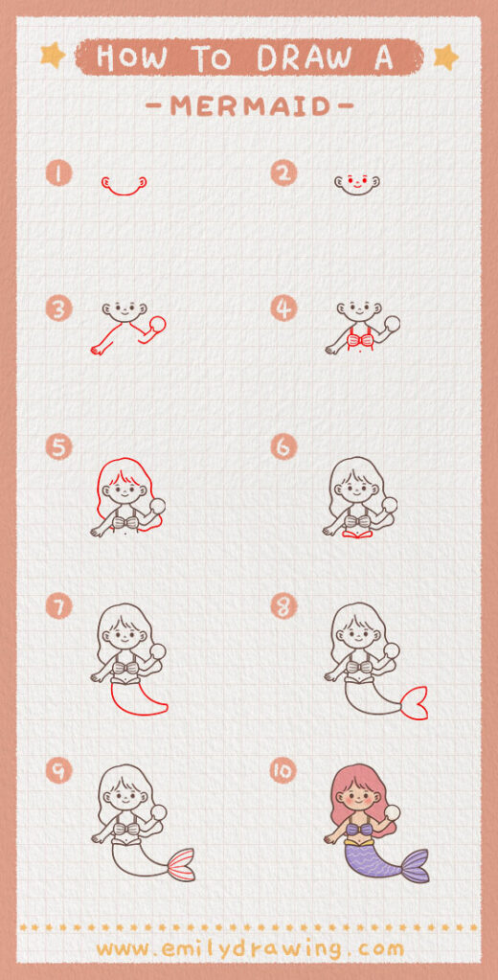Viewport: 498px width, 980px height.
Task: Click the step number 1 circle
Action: [58, 173]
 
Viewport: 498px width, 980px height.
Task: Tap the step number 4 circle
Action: [284, 308]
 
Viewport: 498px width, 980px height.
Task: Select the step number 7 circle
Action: [58, 605]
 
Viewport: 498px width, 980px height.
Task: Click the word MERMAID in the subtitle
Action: [248, 106]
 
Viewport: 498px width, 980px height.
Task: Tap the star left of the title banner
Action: [54, 56]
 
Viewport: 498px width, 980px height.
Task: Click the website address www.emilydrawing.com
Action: [249, 948]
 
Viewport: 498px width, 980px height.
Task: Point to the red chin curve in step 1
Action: [123, 190]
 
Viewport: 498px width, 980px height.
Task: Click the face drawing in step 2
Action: [356, 181]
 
